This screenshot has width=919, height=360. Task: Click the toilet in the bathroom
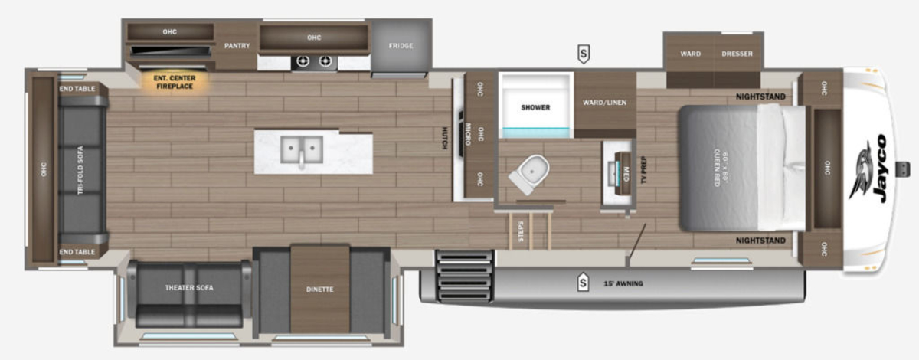(529, 174)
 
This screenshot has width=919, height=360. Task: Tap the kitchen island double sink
(302, 150)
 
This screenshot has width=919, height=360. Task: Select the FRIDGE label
(401, 45)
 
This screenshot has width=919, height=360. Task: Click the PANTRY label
(237, 45)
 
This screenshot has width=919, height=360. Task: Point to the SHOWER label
(535, 107)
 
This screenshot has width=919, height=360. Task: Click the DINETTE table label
(319, 290)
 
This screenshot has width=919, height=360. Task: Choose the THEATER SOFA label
(189, 288)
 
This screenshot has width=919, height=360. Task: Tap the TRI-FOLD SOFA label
(80, 170)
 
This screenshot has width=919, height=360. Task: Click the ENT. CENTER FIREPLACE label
(175, 82)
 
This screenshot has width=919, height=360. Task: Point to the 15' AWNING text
(623, 283)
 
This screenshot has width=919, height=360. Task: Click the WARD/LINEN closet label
(605, 103)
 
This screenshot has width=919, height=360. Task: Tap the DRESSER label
(737, 54)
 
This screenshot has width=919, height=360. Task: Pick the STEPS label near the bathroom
(521, 231)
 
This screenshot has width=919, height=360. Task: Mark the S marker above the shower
(584, 54)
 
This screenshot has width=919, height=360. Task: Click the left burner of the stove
(303, 61)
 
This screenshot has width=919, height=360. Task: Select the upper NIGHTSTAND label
(760, 97)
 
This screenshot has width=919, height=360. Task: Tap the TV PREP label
(643, 170)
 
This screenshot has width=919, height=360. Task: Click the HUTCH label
(444, 139)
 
